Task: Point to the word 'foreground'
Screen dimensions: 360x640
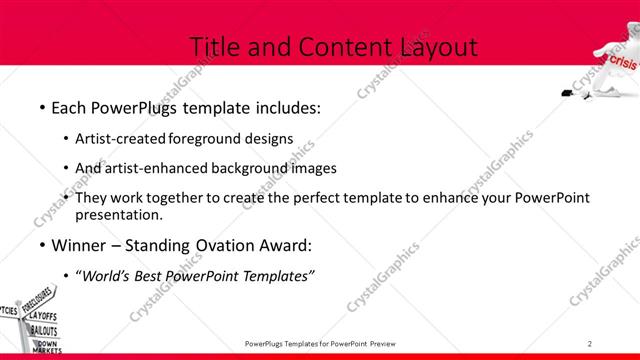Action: (207, 140)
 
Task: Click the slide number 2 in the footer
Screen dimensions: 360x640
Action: (590, 343)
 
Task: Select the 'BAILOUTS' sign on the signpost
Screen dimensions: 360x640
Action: (44, 330)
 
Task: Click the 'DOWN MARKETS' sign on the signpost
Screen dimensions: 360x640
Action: (46, 347)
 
